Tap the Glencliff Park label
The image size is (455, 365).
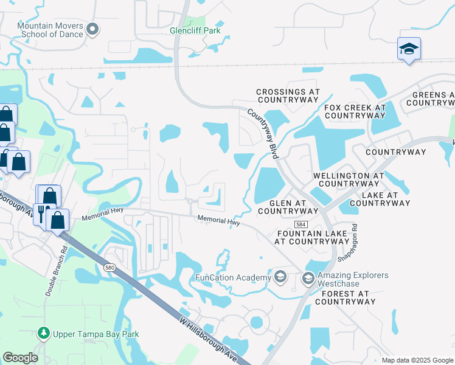(x=195, y=31)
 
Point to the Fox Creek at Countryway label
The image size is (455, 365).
(x=355, y=111)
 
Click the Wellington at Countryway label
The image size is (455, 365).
(x=349, y=179)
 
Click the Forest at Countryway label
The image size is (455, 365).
(x=342, y=297)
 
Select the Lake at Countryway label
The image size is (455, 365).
(x=386, y=199)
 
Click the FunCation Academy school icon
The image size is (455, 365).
(x=280, y=277)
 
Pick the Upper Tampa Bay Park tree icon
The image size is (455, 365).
(x=43, y=333)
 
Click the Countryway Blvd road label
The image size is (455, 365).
(x=263, y=134)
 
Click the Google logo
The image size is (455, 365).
(x=20, y=358)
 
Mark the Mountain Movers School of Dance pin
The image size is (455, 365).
(x=92, y=29)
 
